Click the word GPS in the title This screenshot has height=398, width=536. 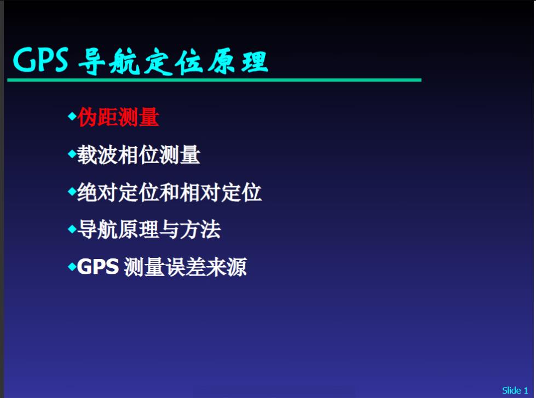pos(41,60)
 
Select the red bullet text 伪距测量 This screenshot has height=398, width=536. pos(118,117)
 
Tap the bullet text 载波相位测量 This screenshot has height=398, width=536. pos(139,155)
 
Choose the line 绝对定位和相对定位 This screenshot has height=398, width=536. pos(169,193)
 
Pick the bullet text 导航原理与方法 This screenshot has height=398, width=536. pos(149,230)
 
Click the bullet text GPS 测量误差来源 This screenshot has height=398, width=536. pos(162,267)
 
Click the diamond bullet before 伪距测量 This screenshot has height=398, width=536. pos(72,116)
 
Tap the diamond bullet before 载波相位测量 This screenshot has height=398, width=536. pos(72,154)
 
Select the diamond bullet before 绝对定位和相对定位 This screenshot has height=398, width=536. pos(72,192)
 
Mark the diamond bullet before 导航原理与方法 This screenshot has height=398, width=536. pos(72,229)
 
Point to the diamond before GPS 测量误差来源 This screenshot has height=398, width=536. pos(72,267)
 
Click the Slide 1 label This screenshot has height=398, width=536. pos(515,390)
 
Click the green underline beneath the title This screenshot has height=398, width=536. pos(214,80)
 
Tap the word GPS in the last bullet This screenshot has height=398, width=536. pos(98,267)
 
